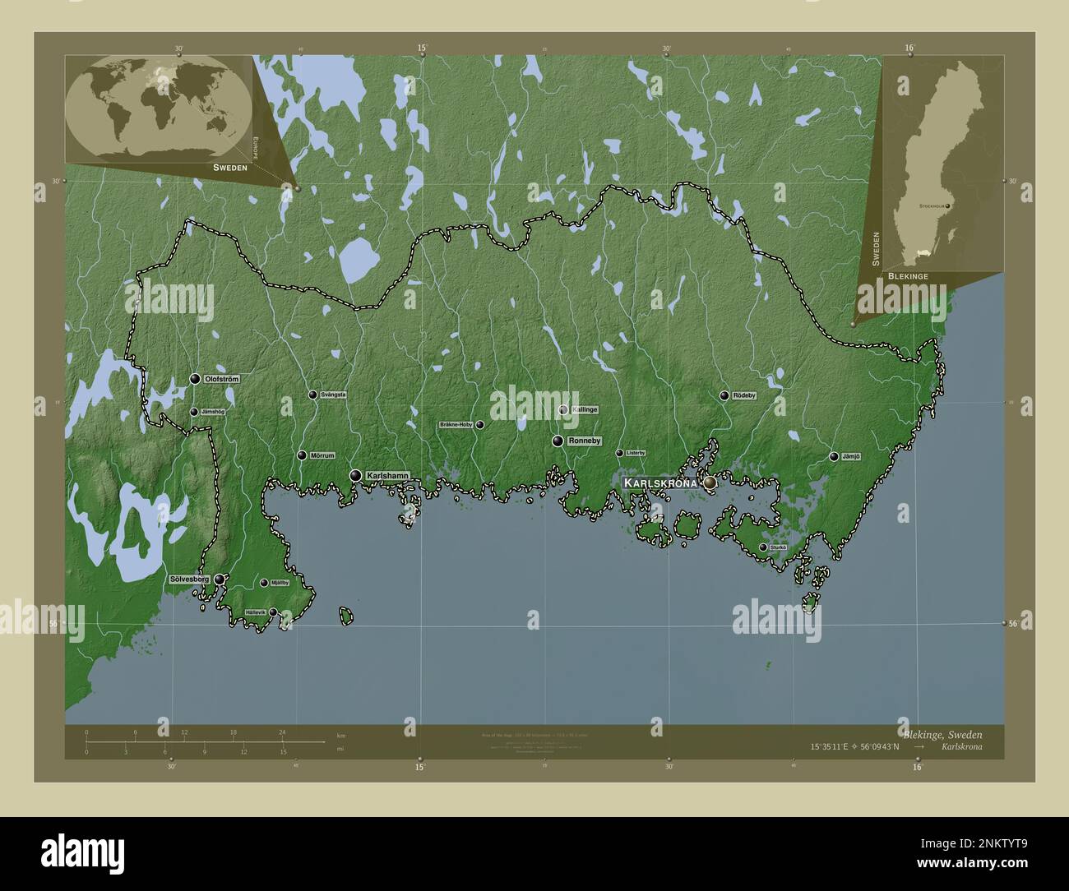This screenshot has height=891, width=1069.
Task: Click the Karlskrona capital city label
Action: click(660, 483)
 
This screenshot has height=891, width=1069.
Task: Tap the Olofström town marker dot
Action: click(195, 379)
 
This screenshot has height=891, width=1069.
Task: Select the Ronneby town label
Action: click(585, 441)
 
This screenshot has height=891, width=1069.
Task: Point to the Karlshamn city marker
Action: click(355, 475)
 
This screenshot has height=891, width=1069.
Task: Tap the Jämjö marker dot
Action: click(834, 457)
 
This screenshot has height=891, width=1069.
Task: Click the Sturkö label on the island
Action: click(778, 547)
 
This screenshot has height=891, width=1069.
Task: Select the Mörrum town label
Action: click(320, 455)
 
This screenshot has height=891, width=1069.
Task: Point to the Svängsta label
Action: click(333, 395)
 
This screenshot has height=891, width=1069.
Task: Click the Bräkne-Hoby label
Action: click(456, 425)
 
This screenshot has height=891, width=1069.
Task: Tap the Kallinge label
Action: click(584, 409)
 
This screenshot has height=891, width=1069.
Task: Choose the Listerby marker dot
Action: click(619, 453)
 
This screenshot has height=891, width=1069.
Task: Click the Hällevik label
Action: click(255, 612)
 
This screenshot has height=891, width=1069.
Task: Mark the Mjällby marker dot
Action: click(264, 583)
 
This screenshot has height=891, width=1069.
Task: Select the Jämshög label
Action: click(213, 412)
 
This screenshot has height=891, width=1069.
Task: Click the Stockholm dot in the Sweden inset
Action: click(948, 205)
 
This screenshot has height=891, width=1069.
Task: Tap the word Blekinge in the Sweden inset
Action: click(908, 277)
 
